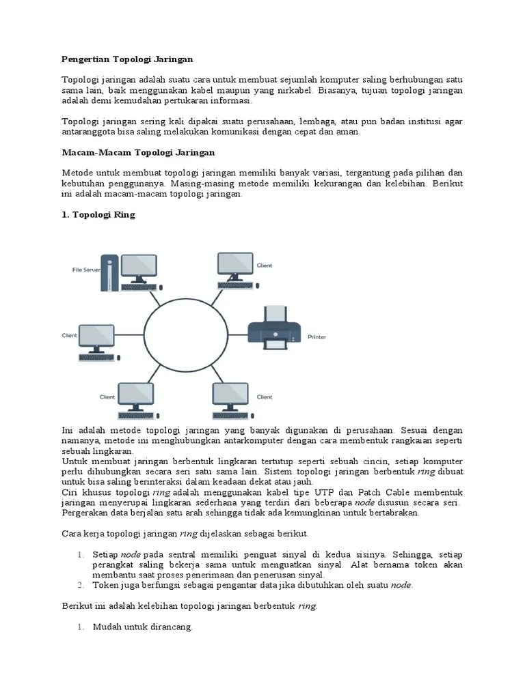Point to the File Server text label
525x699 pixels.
pos(86,270)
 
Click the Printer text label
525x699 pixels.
pos(317,337)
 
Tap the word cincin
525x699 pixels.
pos(373,461)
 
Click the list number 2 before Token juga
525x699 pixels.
pos(80,585)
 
